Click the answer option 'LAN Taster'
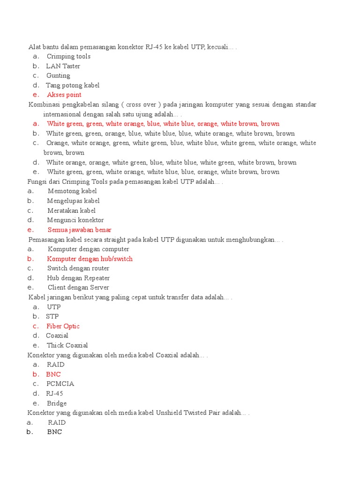pos(63,66)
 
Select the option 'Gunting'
pos(58,75)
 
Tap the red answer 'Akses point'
pos(64,95)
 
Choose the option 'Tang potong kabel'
pos(73,85)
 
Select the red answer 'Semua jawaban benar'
pos(79,230)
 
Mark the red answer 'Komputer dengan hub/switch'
pos(90,259)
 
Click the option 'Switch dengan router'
pos(78,268)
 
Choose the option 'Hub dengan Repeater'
pos(78,278)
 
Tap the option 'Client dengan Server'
pos(78,287)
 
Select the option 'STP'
pos(52,316)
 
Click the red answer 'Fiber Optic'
pos(63,326)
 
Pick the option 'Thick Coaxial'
pos(67,345)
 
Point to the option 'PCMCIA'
pos(60,383)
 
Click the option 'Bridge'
pos(57,403)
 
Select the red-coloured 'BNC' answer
pos(53,374)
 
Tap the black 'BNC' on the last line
pos(54,432)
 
